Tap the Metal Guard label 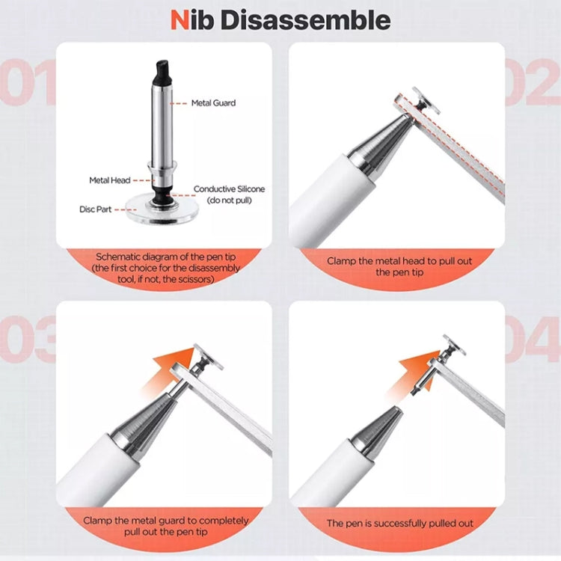click(213, 103)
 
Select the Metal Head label click(109, 180)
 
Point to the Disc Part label click(96, 209)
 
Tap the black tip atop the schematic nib click(160, 72)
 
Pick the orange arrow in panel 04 click(415, 367)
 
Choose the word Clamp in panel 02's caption click(343, 262)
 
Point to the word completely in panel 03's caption click(218, 521)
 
